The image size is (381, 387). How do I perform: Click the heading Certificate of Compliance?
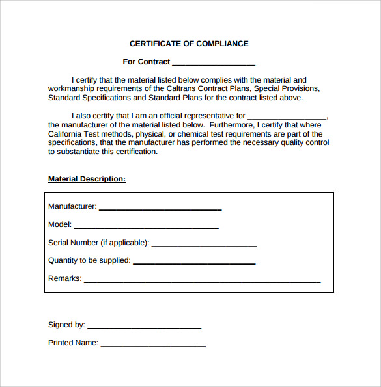point(189,44)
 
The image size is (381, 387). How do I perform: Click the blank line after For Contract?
point(214,64)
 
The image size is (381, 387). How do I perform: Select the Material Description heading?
point(87,179)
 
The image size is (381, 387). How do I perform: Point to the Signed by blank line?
point(144,327)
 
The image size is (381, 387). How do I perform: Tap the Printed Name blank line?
point(153,345)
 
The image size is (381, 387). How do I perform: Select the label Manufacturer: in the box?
point(72,206)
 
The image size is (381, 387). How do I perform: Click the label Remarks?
point(65,278)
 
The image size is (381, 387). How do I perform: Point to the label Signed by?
point(66,325)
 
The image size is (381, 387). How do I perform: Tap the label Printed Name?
point(73,343)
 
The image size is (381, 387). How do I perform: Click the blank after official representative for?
point(287,117)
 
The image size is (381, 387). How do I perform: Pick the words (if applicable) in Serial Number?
point(124,243)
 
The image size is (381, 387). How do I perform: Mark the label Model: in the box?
point(60,224)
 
